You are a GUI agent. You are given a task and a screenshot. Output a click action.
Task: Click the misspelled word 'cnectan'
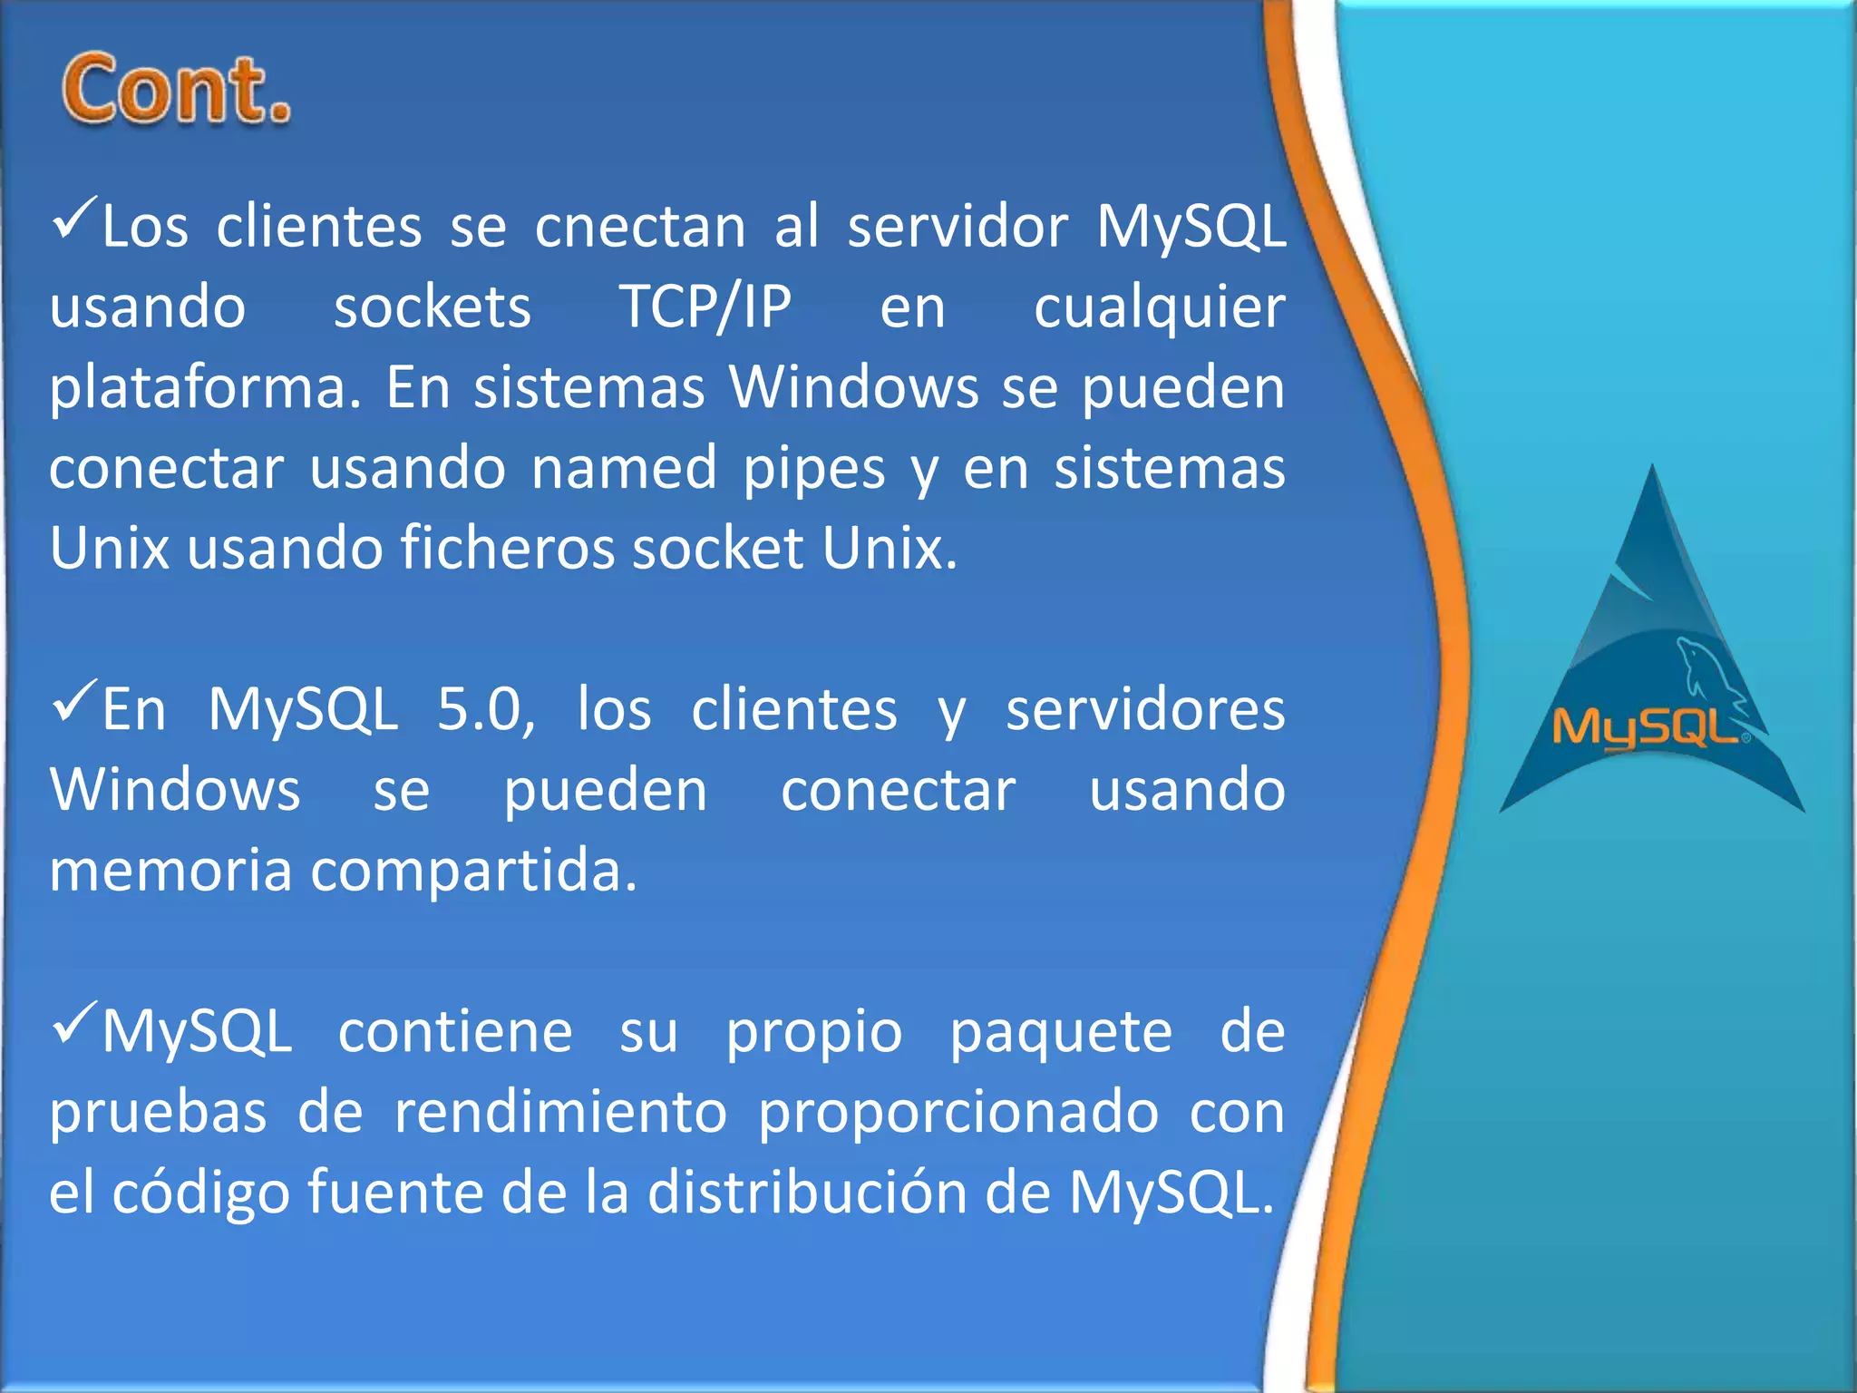[x=640, y=227]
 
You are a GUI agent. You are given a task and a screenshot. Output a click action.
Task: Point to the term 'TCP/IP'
[x=705, y=307]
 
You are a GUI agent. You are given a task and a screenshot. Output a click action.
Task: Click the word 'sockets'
[x=433, y=307]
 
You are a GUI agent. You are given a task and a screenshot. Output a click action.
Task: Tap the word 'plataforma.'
[x=205, y=388]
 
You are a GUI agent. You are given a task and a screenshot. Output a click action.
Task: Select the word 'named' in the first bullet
[x=624, y=469]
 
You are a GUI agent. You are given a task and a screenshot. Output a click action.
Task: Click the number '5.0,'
[x=486, y=710]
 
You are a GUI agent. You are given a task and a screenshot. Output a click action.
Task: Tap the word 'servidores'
[x=1145, y=709]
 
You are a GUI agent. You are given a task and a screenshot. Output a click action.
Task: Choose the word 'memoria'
[x=170, y=870]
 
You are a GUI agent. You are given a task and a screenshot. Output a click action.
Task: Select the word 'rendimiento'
[x=560, y=1112]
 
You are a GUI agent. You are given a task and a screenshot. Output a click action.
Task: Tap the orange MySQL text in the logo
[x=1646, y=728]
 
